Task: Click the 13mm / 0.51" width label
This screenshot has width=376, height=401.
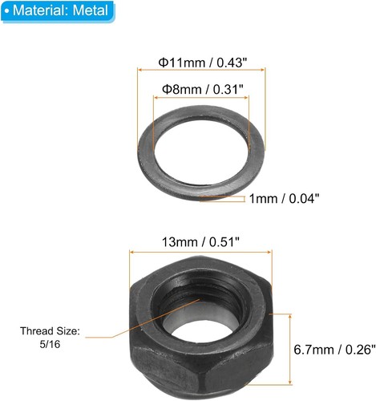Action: [x=200, y=241]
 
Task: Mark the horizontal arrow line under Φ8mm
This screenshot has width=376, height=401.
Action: [x=200, y=99]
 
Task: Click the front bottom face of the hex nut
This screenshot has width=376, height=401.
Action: [x=200, y=373]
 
